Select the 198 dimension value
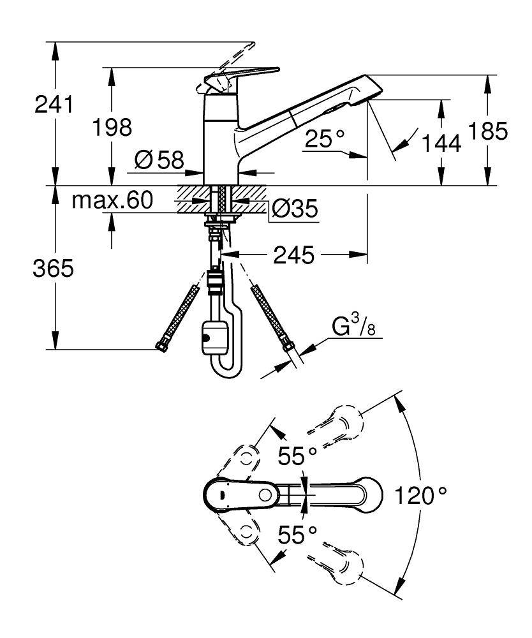tap(112, 127)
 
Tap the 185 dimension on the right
tap(488, 131)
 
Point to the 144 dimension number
tap(440, 145)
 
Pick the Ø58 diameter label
tap(158, 159)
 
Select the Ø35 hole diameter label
tap(294, 209)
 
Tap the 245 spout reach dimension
tap(295, 256)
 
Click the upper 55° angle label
tap(298, 456)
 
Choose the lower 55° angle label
tap(298, 534)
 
